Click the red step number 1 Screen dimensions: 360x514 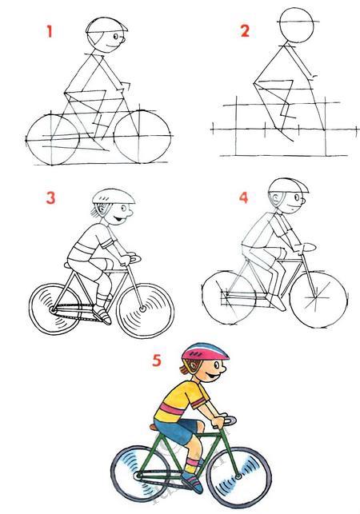(50, 32)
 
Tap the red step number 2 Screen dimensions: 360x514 (245, 31)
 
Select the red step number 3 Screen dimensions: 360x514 (50, 198)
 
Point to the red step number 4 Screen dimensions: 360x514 (243, 197)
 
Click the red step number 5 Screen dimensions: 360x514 (157, 361)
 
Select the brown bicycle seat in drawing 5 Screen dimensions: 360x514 (154, 427)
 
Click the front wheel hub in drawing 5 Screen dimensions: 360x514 (238, 476)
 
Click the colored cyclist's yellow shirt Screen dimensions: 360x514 (181, 400)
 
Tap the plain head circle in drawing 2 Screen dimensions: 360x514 (297, 26)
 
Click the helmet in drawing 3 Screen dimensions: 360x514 (114, 196)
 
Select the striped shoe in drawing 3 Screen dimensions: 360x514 (102, 314)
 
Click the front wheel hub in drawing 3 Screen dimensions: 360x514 (142, 309)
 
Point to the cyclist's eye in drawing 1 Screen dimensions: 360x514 (115, 36)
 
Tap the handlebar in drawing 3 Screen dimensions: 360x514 (133, 258)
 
